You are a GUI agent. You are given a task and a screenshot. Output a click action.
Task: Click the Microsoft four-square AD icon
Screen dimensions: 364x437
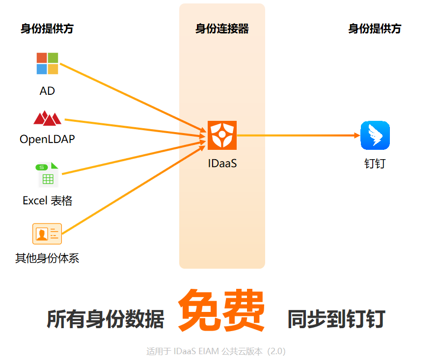tap(47, 63)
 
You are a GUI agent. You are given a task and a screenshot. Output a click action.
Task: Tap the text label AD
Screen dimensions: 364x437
tap(47, 91)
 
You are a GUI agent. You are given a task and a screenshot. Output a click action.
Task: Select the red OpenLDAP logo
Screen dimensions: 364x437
tap(47, 118)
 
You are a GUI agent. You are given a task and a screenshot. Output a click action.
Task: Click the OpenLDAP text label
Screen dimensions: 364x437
tap(47, 139)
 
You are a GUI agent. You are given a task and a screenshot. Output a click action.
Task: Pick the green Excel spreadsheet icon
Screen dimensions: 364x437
tap(47, 175)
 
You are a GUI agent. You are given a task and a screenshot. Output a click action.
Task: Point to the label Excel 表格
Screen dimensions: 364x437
tap(47, 200)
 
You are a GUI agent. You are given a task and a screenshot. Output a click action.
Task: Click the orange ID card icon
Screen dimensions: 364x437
tap(47, 233)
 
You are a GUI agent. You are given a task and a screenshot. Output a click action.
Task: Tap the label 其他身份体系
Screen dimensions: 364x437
tap(47, 258)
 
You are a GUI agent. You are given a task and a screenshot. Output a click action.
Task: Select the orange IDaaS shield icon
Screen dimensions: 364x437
tap(222, 135)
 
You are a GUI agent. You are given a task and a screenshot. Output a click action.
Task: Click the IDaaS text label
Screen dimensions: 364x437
tap(222, 163)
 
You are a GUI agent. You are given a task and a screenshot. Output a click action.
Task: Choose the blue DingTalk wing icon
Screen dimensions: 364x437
tap(375, 135)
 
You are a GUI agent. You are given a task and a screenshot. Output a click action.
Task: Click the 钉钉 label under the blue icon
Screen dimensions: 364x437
tap(375, 163)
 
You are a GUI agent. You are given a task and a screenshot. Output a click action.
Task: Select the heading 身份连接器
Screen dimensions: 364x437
tap(222, 28)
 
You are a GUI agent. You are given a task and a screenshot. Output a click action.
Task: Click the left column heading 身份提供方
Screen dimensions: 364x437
tap(47, 28)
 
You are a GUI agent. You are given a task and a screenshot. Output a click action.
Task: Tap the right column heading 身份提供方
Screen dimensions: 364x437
tap(375, 28)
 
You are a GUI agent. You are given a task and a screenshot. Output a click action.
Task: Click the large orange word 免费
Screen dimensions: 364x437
tap(221, 311)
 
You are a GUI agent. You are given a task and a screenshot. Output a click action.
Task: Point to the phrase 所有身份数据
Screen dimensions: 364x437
tap(106, 319)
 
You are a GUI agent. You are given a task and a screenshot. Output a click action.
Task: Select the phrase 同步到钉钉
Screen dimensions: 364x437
tap(336, 319)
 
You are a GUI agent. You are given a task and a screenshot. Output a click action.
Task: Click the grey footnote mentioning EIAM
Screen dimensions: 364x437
tap(216, 351)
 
